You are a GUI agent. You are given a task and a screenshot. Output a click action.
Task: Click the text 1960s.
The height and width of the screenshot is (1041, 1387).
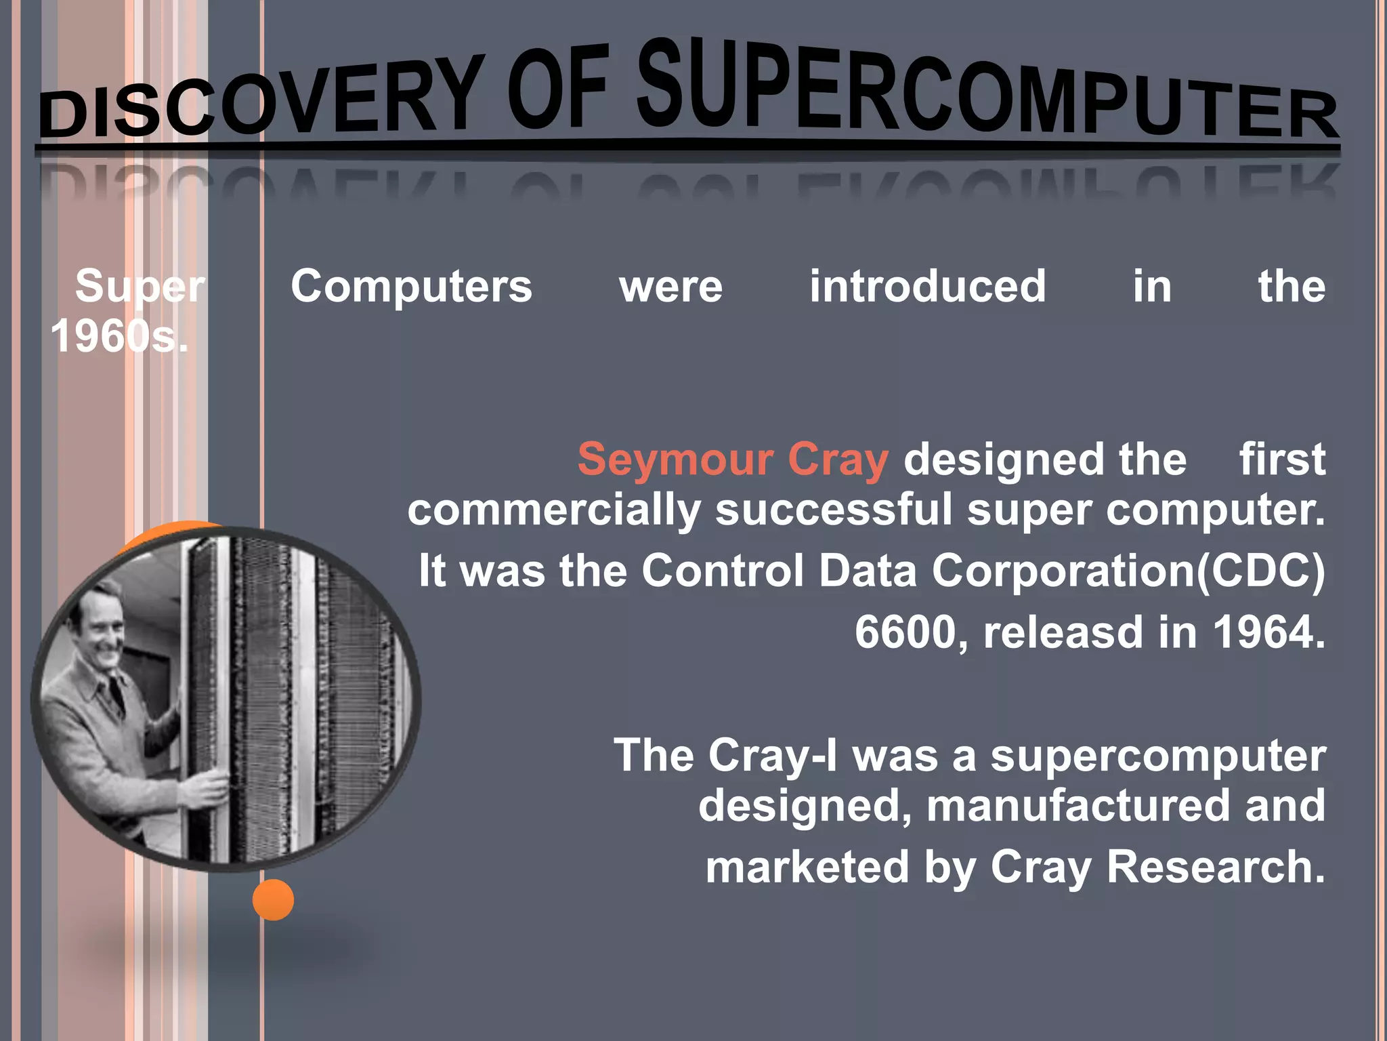point(119,336)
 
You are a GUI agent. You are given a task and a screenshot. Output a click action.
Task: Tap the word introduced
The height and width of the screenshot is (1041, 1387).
point(928,286)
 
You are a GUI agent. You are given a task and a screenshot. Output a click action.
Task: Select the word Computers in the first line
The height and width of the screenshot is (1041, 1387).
point(412,286)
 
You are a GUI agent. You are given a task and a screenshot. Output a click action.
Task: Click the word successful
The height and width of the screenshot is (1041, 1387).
point(834,510)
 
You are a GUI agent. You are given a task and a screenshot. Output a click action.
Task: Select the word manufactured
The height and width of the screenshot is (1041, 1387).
point(1077,805)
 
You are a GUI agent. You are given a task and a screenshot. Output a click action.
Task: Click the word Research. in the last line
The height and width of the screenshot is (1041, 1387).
point(1216,867)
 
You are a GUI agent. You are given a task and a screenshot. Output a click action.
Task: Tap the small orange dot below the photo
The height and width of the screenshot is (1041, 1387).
point(273,899)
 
